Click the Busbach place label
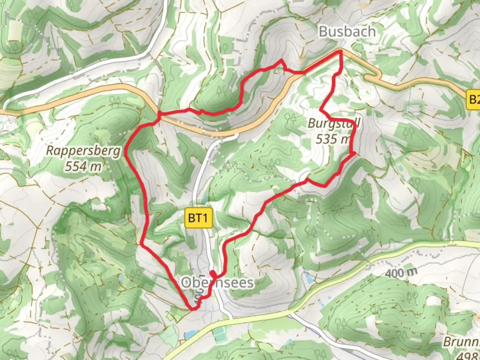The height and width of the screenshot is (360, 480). [347, 32]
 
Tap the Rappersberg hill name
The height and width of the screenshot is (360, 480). [83, 151]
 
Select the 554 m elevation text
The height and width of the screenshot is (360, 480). [83, 166]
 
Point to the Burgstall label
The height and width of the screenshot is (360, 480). [334, 123]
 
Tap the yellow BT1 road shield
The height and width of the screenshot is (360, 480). [198, 218]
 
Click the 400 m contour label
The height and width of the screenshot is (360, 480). [401, 273]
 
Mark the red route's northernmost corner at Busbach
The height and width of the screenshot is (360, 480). [340, 51]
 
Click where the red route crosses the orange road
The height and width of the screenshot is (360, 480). [159, 116]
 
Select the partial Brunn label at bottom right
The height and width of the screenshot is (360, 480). [461, 342]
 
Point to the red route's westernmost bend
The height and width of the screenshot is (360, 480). [125, 154]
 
